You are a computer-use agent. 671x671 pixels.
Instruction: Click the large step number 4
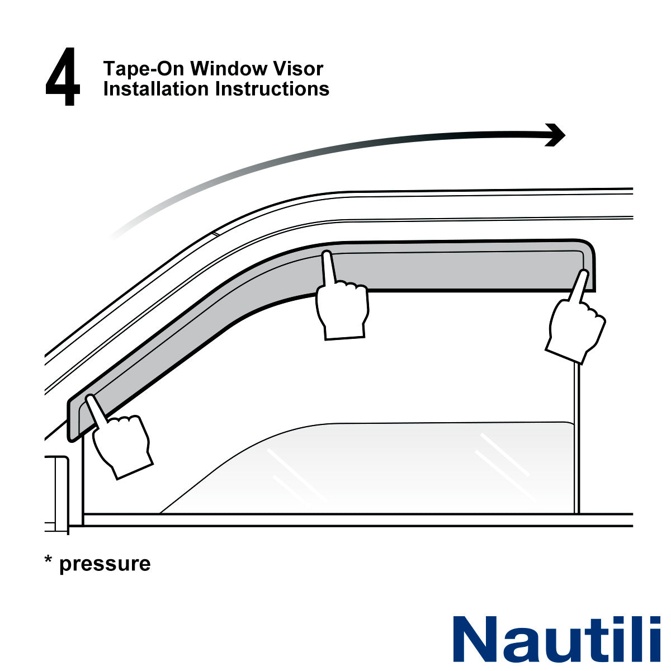point(63,78)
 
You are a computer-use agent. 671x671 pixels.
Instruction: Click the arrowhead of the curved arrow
point(556,135)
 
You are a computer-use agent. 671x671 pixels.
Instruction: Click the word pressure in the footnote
point(105,564)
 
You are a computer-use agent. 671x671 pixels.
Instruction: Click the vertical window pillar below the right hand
point(576,436)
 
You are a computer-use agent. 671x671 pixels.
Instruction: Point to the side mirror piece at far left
point(56,492)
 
